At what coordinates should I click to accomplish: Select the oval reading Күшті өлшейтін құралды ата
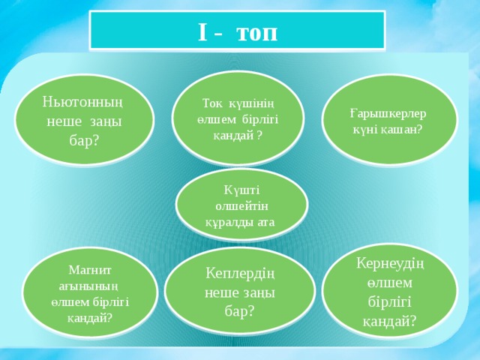click(x=241, y=205)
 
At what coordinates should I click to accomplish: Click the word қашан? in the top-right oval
click(x=404, y=128)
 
